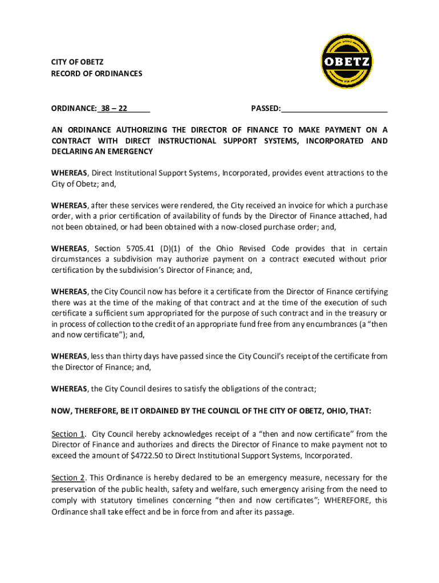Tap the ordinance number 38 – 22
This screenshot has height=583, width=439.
[x=114, y=108]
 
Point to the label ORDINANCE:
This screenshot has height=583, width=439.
[x=73, y=108]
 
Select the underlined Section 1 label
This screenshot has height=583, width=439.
[x=68, y=434]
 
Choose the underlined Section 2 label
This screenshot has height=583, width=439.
[x=68, y=477]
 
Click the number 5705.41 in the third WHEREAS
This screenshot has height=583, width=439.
[x=139, y=248]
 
